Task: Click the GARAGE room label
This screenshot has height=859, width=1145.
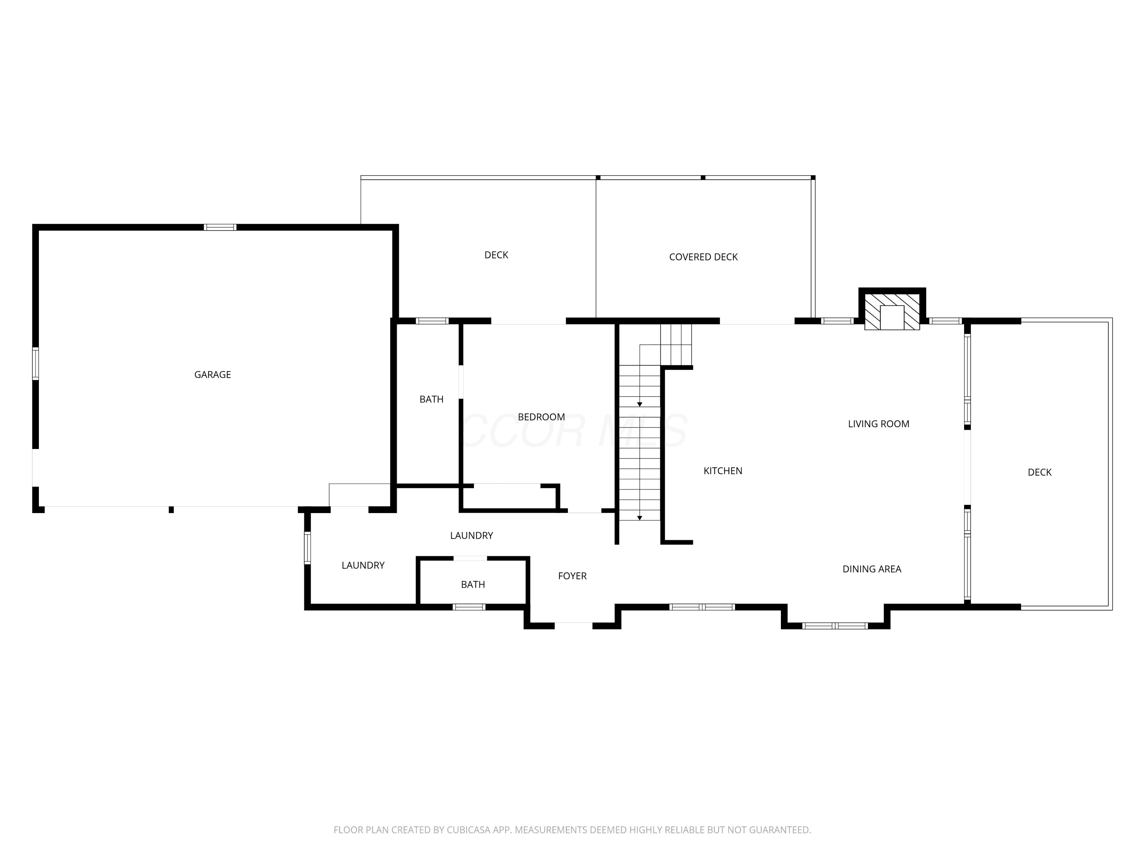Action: coord(212,375)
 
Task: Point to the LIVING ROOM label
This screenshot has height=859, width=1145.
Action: coord(879,423)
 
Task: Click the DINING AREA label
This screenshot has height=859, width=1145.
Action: coord(872,569)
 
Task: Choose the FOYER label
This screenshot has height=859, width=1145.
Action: coord(572,576)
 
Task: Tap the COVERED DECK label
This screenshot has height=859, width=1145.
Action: coord(703,257)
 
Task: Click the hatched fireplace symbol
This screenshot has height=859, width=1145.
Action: coord(892,312)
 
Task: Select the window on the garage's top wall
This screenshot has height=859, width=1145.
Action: coord(219,227)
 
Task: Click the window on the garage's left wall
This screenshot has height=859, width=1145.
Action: coord(36,363)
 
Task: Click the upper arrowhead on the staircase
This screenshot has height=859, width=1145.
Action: coord(640,404)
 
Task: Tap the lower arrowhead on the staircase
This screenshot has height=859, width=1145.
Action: coord(640,518)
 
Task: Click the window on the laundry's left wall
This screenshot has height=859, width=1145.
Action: coord(308,548)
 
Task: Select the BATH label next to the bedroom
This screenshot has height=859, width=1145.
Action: coord(431,399)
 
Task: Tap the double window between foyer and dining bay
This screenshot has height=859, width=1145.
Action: coord(702,607)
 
